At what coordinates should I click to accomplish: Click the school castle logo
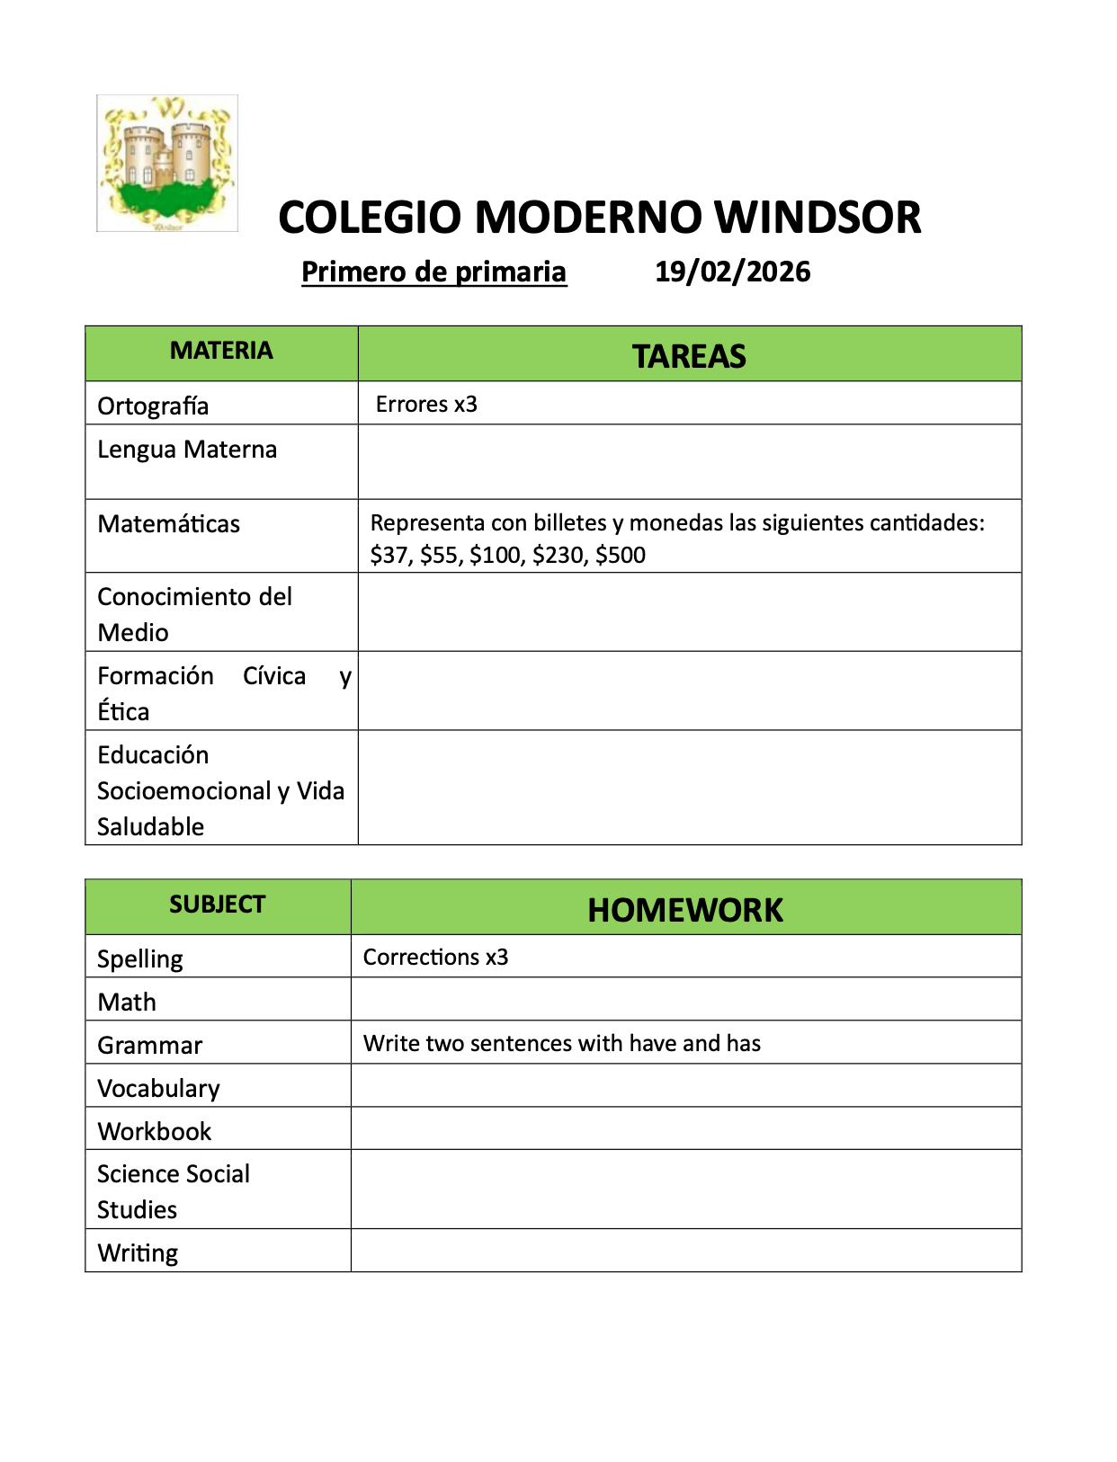[x=167, y=164]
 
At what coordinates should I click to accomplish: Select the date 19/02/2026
[x=732, y=272]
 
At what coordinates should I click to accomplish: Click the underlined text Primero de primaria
[x=433, y=272]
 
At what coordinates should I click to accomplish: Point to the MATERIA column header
[x=221, y=351]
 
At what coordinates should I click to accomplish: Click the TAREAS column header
[x=689, y=356]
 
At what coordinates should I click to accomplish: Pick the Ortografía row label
[x=153, y=406]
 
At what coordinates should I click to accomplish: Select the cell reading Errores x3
[x=426, y=405]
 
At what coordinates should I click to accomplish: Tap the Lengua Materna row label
[x=187, y=449]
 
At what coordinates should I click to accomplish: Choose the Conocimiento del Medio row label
[x=194, y=614]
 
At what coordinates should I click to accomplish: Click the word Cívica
[x=274, y=675]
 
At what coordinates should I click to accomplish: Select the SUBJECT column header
[x=218, y=905]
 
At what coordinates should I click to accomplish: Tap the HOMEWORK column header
[x=685, y=910]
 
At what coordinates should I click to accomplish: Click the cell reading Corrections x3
[x=435, y=957]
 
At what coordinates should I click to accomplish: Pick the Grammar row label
[x=149, y=1045]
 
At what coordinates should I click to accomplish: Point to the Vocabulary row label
[x=158, y=1088]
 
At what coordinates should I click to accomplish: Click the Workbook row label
[x=154, y=1131]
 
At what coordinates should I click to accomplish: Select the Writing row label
[x=138, y=1253]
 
